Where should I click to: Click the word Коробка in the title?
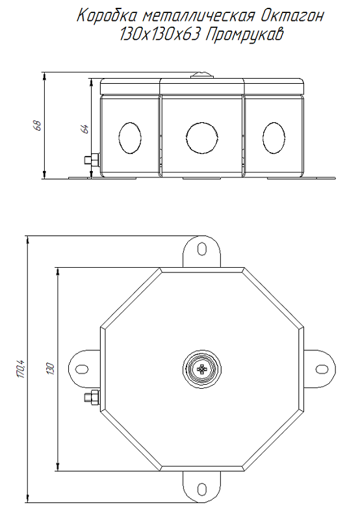tap(107, 16)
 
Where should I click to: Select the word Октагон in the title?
tap(292, 16)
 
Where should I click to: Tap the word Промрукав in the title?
tap(244, 35)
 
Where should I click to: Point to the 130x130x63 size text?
tap(160, 34)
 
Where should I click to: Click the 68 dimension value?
tap(38, 125)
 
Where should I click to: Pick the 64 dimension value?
tap(85, 129)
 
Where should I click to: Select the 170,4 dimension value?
tap(21, 369)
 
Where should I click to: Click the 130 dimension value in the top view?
tap(51, 369)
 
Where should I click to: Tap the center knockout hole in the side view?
tap(202, 138)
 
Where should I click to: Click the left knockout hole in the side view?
tap(130, 138)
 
